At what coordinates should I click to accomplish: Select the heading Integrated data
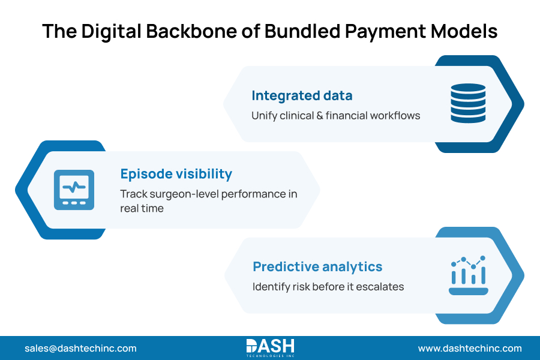pyautogui.click(x=302, y=95)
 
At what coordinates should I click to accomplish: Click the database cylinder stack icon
pyautogui.click(x=468, y=103)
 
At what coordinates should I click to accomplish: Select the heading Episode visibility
pyautogui.click(x=176, y=174)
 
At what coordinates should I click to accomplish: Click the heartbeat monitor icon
pyautogui.click(x=74, y=190)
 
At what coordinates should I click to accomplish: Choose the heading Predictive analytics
pyautogui.click(x=317, y=266)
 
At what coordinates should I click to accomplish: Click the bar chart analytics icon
pyautogui.click(x=468, y=275)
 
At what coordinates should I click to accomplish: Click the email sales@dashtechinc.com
pyautogui.click(x=80, y=348)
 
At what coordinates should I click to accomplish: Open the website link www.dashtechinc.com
pyautogui.click(x=470, y=348)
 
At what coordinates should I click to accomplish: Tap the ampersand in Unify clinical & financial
pyautogui.click(x=319, y=115)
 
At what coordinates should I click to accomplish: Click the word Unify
pyautogui.click(x=265, y=115)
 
